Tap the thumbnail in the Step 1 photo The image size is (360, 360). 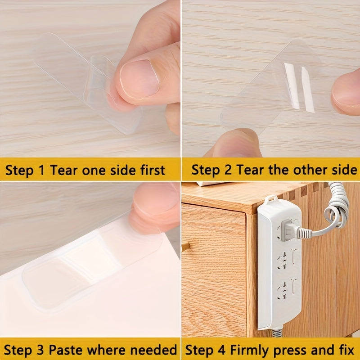click(135, 79)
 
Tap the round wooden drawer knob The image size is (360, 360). click(184, 246)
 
